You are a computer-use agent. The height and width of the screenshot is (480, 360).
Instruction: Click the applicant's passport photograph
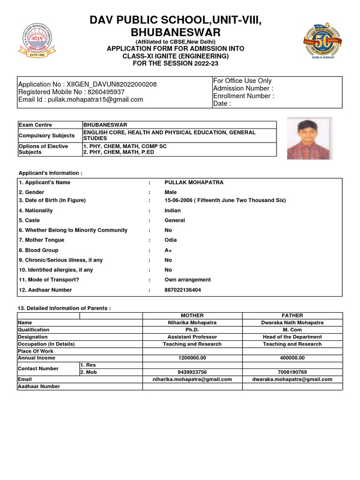pos(309,139)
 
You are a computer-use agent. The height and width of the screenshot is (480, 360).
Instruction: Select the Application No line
pos(87,84)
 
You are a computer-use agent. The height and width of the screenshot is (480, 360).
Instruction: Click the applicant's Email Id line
pos(81,99)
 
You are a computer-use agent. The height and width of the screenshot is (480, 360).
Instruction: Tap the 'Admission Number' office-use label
pos(243,88)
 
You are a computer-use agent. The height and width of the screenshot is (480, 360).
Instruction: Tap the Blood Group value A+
pos(168,250)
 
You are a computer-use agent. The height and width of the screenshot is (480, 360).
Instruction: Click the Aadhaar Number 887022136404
pos(183,290)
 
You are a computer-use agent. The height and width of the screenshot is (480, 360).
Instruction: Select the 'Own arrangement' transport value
pos(187,280)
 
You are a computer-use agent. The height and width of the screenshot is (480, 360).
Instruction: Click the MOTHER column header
pos(192,315)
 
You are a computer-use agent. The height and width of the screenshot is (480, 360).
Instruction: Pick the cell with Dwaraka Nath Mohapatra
pos(292,322)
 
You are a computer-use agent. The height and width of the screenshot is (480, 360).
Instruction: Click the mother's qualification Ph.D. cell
pos(192,330)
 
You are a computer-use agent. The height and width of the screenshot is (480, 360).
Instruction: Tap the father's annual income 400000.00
pos(292,358)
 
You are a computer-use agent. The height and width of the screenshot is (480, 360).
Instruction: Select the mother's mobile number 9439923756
pos(192,372)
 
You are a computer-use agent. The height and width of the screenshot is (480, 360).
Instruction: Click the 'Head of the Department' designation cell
pos(292,337)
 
